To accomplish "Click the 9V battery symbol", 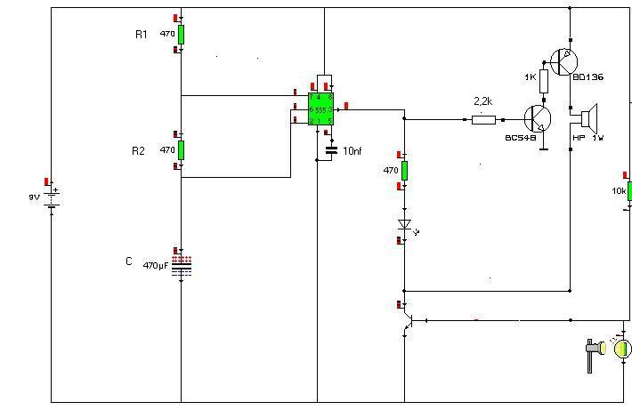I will click(x=52, y=197).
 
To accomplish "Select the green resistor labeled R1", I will click(x=181, y=34).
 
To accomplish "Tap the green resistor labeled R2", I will click(x=181, y=149).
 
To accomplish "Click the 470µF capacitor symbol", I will click(x=182, y=264).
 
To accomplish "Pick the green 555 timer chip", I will click(x=320, y=109).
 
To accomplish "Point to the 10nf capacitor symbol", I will click(x=332, y=150).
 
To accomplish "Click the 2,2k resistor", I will click(x=482, y=118).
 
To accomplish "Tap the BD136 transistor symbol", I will click(x=563, y=61).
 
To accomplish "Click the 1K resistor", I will click(x=544, y=81).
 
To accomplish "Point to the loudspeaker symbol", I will click(x=587, y=118).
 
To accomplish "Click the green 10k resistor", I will click(x=628, y=191).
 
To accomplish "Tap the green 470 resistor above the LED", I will click(x=404, y=170).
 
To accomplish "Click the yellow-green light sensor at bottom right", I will click(x=623, y=348).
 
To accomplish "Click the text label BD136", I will click(x=587, y=77).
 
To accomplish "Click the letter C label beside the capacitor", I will click(x=129, y=261).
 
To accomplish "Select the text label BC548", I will click(x=520, y=139).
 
